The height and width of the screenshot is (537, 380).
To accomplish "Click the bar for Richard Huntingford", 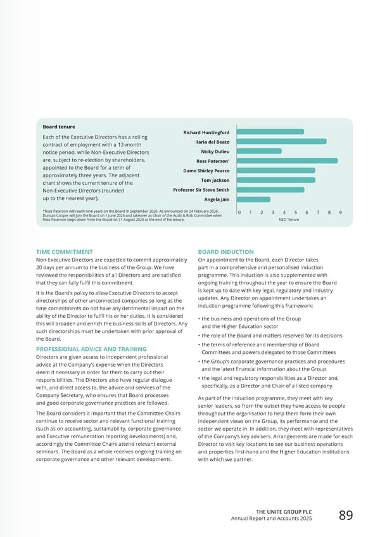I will pyautogui.click(x=270, y=132).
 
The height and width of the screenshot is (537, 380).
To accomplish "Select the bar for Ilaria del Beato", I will pyautogui.click(x=282, y=141).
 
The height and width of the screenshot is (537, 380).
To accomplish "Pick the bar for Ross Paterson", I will pyautogui.click(x=288, y=161).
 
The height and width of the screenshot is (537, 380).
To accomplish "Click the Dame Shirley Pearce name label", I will pyautogui.click(x=206, y=170).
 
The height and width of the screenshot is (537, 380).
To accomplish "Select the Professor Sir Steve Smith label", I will pyautogui.click(x=201, y=190).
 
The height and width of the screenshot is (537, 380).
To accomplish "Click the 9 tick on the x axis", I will pyautogui.click(x=341, y=213).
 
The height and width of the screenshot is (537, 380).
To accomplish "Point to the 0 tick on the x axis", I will pyautogui.click(x=239, y=213).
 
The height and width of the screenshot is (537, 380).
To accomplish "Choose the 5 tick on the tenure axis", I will pyautogui.click(x=296, y=213).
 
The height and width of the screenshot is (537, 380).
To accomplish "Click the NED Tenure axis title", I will pyautogui.click(x=289, y=220).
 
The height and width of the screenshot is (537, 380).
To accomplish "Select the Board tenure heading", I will pyautogui.click(x=58, y=127).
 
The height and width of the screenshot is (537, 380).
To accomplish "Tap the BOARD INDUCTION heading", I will pyautogui.click(x=225, y=252).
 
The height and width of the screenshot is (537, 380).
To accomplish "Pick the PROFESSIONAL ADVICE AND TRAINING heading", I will pyautogui.click(x=91, y=349).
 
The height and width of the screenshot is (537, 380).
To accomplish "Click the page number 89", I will pyautogui.click(x=346, y=515).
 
